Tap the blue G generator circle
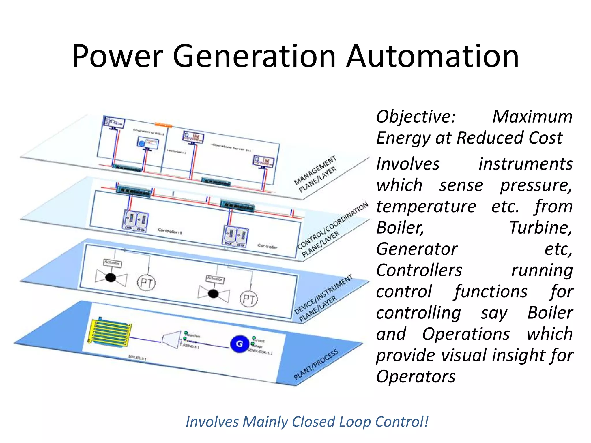click(x=240, y=344)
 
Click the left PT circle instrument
click(x=146, y=283)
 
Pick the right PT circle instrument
click(x=249, y=299)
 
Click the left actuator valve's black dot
click(x=111, y=278)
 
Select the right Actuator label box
click(x=215, y=279)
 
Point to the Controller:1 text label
click(x=170, y=231)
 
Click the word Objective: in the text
click(x=416, y=117)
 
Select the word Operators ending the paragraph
click(x=416, y=376)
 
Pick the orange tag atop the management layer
click(x=163, y=125)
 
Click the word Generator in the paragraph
click(x=417, y=249)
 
